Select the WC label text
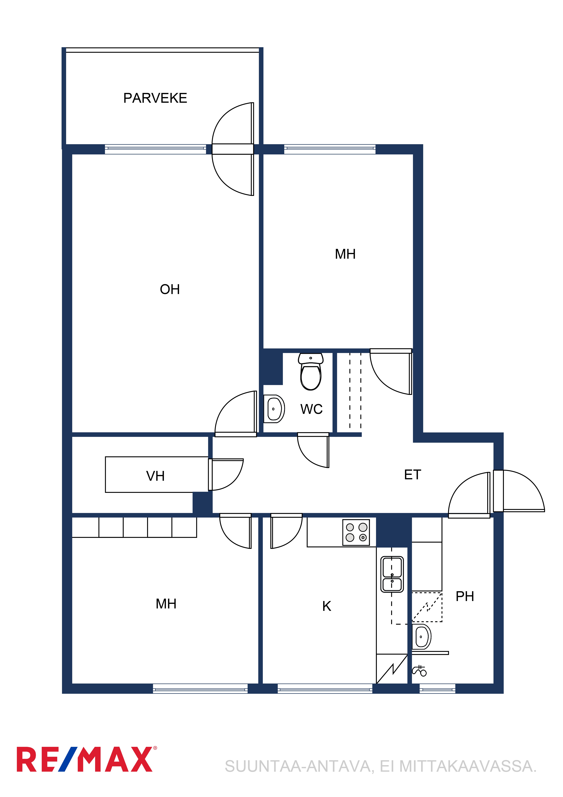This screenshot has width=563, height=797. pyautogui.click(x=312, y=409)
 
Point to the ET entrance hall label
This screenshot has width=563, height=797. pyautogui.click(x=412, y=475)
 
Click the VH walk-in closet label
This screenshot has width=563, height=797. pyautogui.click(x=155, y=476)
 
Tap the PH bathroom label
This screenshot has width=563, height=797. pyautogui.click(x=465, y=596)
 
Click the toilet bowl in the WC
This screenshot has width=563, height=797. pyautogui.click(x=311, y=372)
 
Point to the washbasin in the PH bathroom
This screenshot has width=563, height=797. pyautogui.click(x=421, y=637)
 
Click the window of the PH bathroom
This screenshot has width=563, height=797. pyautogui.click(x=437, y=689)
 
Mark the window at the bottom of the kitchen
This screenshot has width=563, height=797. pyautogui.click(x=325, y=689)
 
